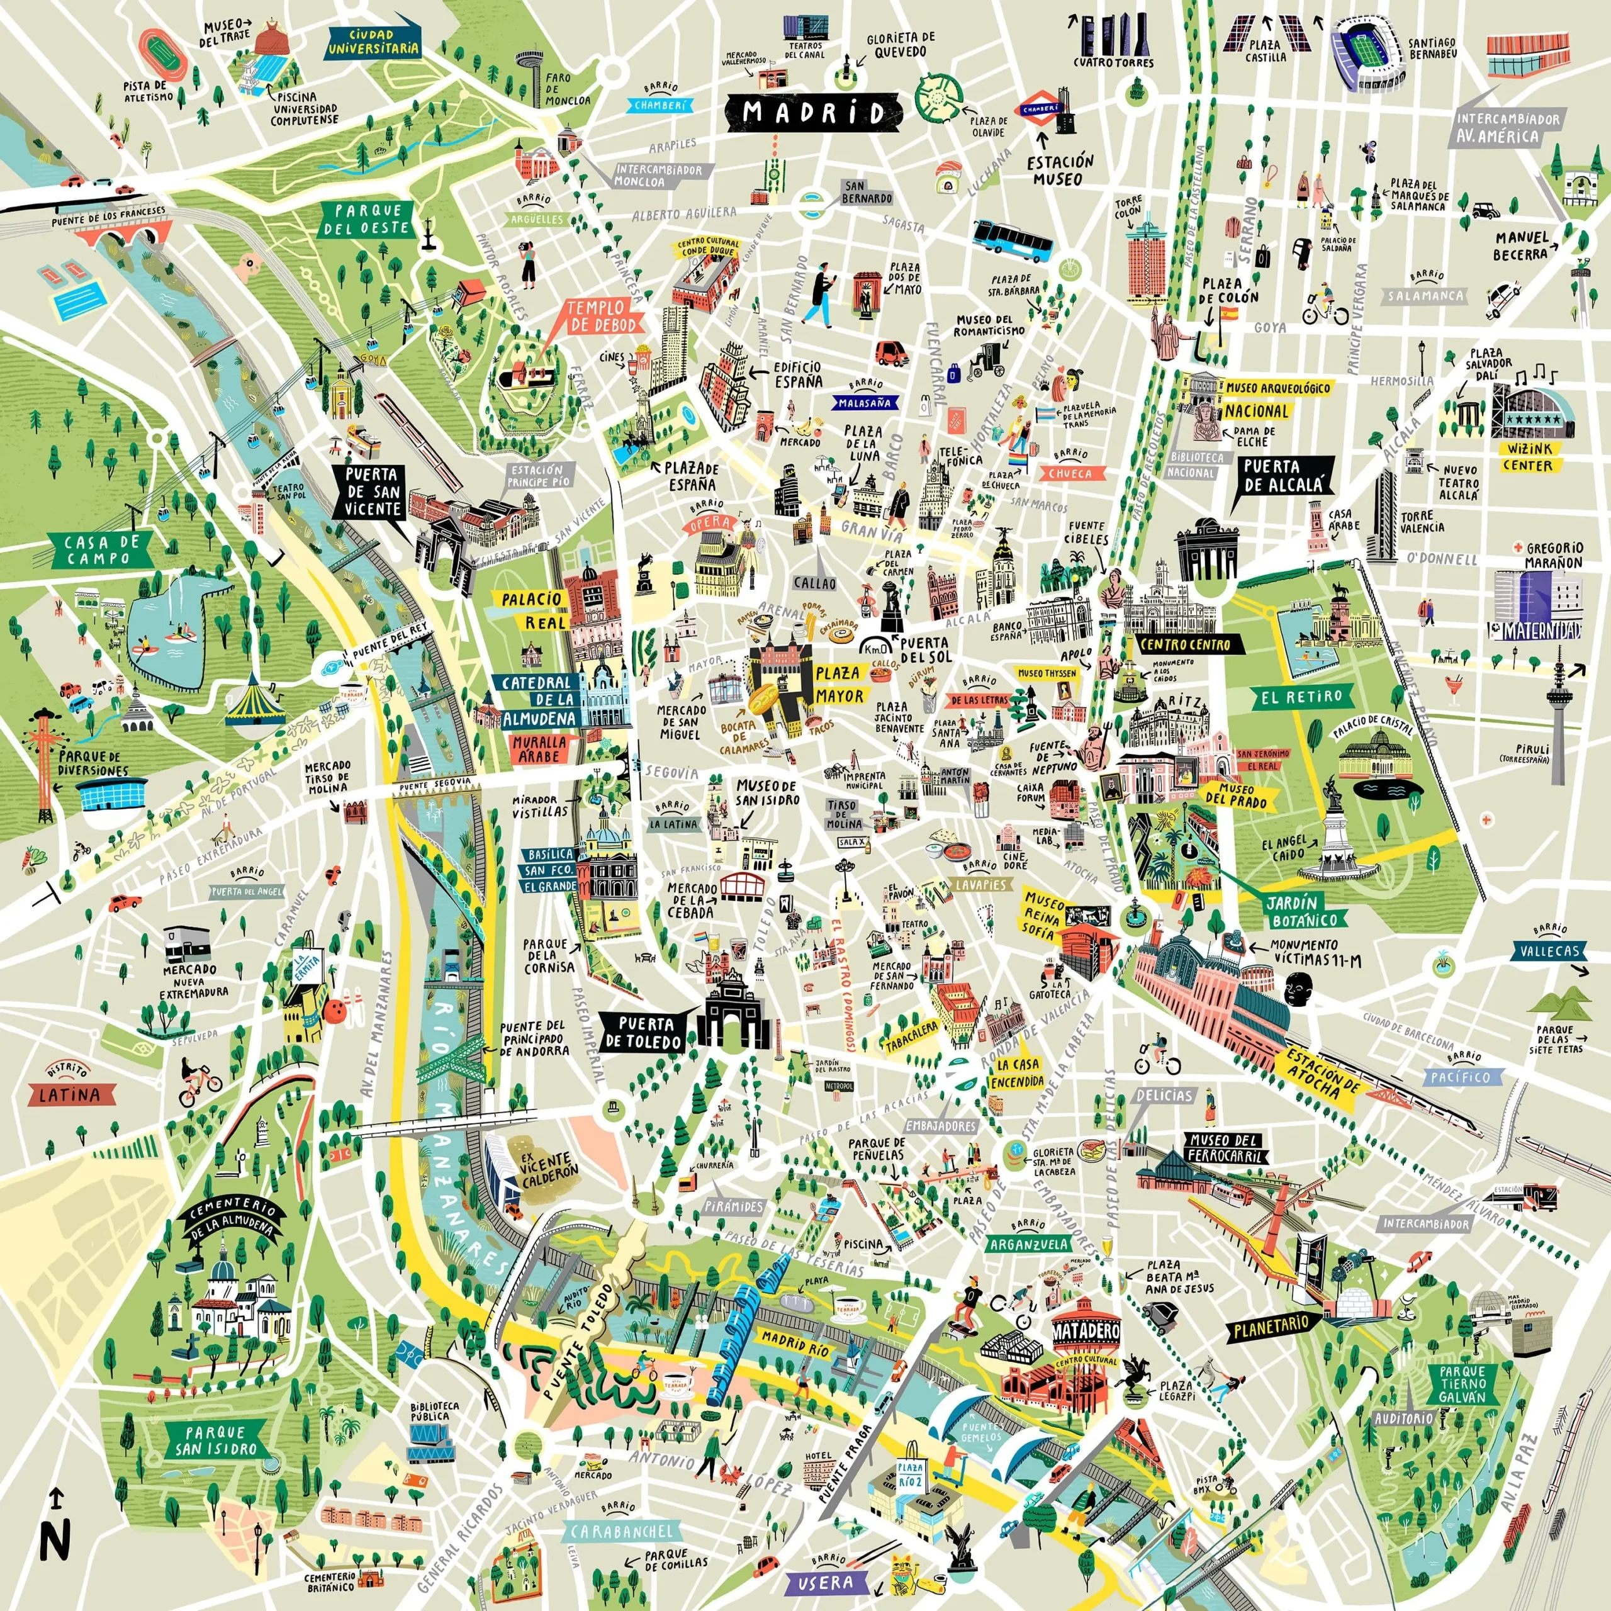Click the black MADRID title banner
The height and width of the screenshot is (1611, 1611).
(813, 113)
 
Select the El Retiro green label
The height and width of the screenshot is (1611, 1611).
(1301, 695)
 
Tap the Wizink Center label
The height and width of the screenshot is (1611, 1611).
(1527, 457)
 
